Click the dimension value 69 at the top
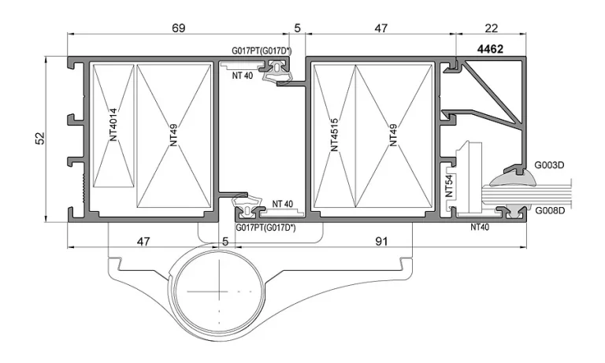[178, 28]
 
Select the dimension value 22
[491, 28]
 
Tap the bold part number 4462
[490, 49]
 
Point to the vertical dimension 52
[40, 138]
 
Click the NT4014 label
[113, 124]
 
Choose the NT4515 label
[334, 135]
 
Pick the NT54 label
[449, 186]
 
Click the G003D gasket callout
[549, 165]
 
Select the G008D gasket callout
[550, 210]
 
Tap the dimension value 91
[381, 242]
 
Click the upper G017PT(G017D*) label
[262, 50]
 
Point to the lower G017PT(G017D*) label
[265, 228]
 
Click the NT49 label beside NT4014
[173, 135]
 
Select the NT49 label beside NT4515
[393, 135]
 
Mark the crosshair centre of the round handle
[220, 291]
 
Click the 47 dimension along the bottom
[143, 242]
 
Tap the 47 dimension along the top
[380, 28]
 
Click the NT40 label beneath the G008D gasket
[480, 228]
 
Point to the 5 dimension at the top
[297, 28]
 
